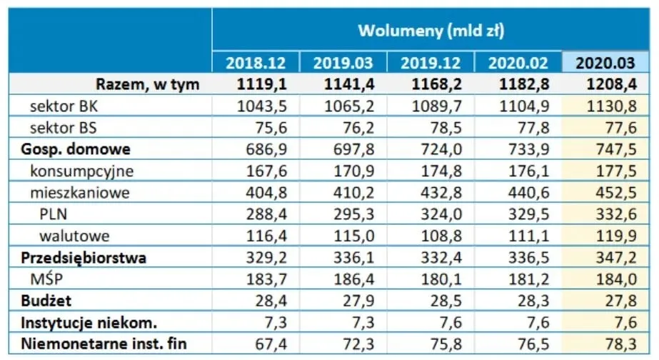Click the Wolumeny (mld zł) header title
point(431,31)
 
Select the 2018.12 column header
point(256,63)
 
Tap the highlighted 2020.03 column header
point(605,63)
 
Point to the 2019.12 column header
point(431,63)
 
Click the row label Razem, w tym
point(148,84)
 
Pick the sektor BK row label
point(64,106)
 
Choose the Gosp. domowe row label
point(76,149)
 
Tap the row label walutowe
point(74,236)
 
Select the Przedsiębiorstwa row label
point(84,258)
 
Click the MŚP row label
point(46,279)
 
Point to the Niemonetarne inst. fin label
point(104,344)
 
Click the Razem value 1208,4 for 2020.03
point(611,84)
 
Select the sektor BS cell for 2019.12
point(446,128)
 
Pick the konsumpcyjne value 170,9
point(354,171)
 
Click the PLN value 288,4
point(266,214)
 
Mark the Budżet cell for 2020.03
point(621,301)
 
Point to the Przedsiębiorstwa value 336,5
point(529,258)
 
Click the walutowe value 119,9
point(616,236)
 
